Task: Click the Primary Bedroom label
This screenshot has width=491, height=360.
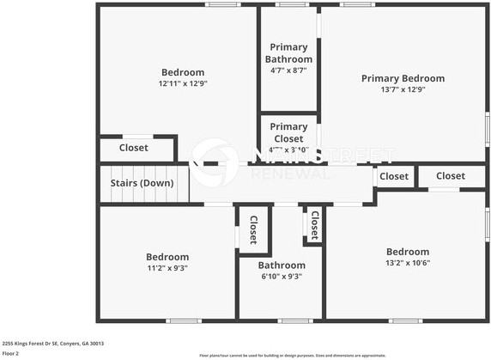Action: pyautogui.click(x=403, y=78)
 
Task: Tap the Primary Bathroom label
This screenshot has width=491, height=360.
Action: pyautogui.click(x=288, y=53)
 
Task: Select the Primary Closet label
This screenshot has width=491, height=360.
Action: pyautogui.click(x=288, y=132)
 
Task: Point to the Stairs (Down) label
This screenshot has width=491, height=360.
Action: pyautogui.click(x=142, y=183)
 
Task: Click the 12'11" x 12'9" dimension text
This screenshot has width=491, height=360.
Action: pyautogui.click(x=183, y=84)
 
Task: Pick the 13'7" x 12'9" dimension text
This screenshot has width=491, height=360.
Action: pyautogui.click(x=403, y=89)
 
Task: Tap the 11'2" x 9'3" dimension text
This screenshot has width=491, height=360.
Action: pyautogui.click(x=167, y=268)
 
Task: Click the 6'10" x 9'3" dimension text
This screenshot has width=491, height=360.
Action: pyautogui.click(x=282, y=277)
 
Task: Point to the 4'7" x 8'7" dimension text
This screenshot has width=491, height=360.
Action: pyautogui.click(x=288, y=70)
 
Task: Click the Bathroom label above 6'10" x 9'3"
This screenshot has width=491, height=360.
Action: pyautogui.click(x=282, y=265)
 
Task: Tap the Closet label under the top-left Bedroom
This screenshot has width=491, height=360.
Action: pyautogui.click(x=133, y=148)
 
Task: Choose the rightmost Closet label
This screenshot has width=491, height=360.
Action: pyautogui.click(x=450, y=175)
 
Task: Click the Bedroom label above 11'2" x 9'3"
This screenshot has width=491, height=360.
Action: pyautogui.click(x=167, y=257)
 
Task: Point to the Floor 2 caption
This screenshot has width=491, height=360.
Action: pyautogui.click(x=10, y=353)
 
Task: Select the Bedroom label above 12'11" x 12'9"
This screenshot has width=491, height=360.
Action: pyautogui.click(x=183, y=72)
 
